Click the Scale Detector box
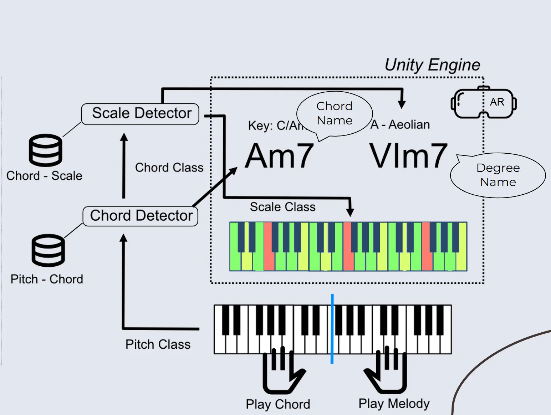140,114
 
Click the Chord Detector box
140,216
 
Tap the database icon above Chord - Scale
45,150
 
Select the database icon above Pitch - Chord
48,250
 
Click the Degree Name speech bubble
498,175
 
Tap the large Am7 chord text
279,156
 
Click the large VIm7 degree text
408,156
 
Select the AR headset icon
484,102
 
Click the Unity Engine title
432,65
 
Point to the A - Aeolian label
400,125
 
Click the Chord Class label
169,167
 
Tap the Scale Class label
283,207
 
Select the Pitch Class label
158,344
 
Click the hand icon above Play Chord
283,371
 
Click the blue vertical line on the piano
332,329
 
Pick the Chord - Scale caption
44,176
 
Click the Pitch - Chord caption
47,279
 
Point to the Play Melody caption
394,404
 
